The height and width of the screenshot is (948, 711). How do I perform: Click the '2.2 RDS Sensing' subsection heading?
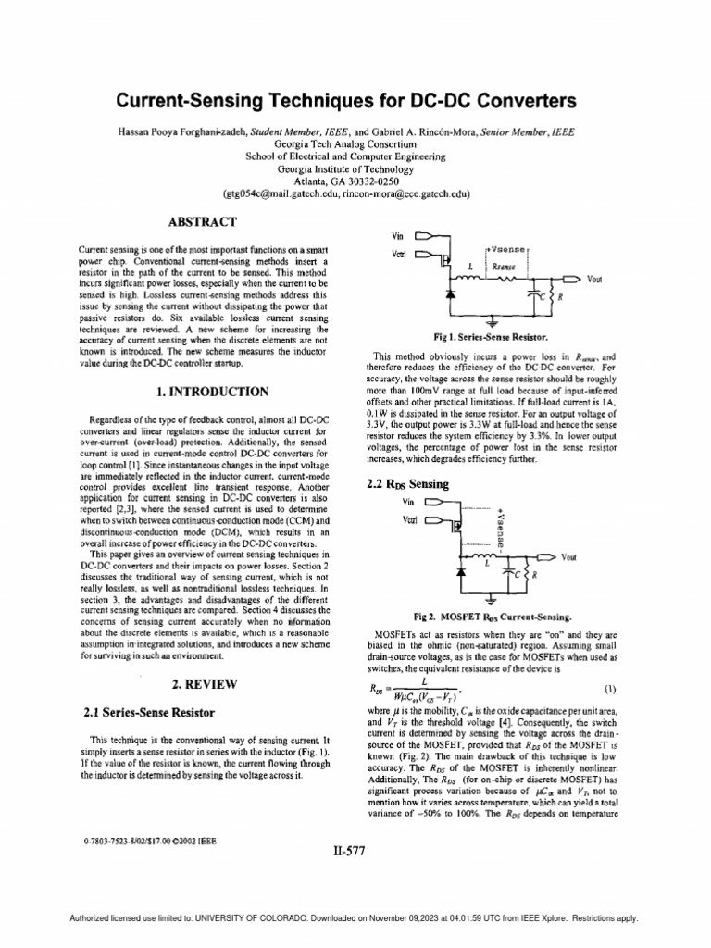(408, 484)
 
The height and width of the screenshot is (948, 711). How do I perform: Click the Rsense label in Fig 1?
(504, 266)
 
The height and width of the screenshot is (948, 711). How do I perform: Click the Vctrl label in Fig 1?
(399, 253)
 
